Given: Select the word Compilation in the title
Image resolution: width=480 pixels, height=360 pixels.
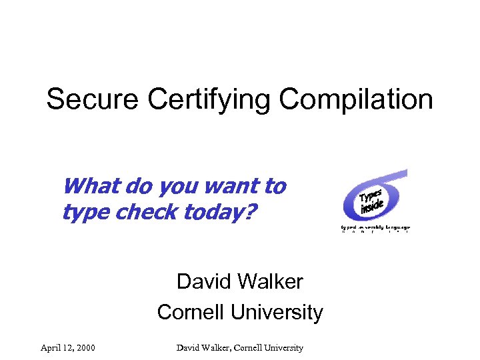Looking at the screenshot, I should point(356,101).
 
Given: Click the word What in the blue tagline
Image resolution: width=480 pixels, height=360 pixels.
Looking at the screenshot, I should point(87,186).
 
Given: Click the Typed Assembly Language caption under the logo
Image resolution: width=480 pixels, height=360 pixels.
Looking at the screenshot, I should point(375,227).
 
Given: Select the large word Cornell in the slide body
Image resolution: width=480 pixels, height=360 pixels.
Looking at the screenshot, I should point(190,311).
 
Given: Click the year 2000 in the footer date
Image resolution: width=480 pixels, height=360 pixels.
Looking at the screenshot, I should point(85,347).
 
